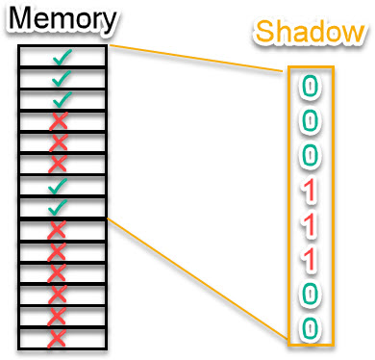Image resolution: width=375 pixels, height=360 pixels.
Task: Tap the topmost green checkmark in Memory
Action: tap(62, 58)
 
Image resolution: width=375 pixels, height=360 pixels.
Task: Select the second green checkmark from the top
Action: tap(62, 79)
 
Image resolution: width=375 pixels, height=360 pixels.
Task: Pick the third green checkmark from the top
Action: tap(62, 99)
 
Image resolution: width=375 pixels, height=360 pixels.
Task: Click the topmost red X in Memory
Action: tap(60, 120)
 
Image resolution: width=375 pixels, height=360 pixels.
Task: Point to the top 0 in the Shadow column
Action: tap(309, 88)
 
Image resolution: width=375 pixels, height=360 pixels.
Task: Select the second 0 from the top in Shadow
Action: tap(309, 120)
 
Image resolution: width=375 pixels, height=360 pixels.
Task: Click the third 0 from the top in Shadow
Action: tap(309, 154)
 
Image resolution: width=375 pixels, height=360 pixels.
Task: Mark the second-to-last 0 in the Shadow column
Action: tap(309, 294)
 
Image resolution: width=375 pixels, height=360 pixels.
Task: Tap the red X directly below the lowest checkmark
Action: tap(59, 229)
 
